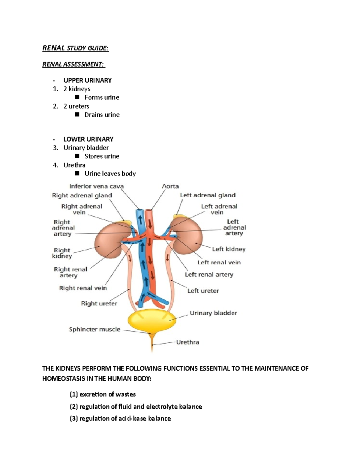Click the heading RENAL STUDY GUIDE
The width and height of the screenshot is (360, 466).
pyautogui.click(x=75, y=48)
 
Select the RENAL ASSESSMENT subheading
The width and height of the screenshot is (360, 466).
pyautogui.click(x=73, y=64)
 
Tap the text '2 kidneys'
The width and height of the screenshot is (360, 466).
pyautogui.click(x=77, y=89)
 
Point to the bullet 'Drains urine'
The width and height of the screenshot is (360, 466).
pyautogui.click(x=102, y=115)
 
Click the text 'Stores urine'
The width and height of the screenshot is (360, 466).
pyautogui.click(x=102, y=156)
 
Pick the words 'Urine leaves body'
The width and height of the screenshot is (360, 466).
pyautogui.click(x=110, y=173)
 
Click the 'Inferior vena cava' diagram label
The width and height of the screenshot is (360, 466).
pyautogui.click(x=96, y=186)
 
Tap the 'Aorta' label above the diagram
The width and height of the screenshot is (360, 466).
pyautogui.click(x=170, y=186)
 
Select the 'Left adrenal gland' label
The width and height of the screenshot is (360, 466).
pyautogui.click(x=208, y=195)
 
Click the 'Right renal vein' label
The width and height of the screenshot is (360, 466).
pyautogui.click(x=83, y=288)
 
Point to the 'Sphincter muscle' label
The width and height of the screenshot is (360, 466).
pyautogui.click(x=94, y=329)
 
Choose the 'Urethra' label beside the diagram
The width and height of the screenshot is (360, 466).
pyautogui.click(x=187, y=342)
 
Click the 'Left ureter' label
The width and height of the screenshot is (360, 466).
pyautogui.click(x=203, y=290)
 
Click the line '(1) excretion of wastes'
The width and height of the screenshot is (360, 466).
pyautogui.click(x=103, y=394)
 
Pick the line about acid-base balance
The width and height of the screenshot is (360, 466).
pyautogui.click(x=120, y=418)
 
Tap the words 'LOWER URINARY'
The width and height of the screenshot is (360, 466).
pyautogui.click(x=88, y=139)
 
